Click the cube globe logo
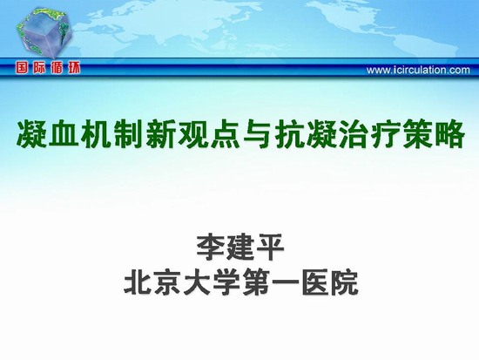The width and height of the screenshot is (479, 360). click(x=44, y=34)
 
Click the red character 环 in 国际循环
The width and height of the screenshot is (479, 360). click(x=73, y=68)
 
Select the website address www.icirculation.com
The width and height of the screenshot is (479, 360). click(x=418, y=70)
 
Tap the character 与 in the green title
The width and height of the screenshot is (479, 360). click(x=259, y=134)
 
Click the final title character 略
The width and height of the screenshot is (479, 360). click(x=449, y=134)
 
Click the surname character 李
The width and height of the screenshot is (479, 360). click(x=211, y=248)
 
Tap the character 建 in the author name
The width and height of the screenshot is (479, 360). click(x=240, y=248)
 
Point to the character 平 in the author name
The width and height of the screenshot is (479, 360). click(x=269, y=248)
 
